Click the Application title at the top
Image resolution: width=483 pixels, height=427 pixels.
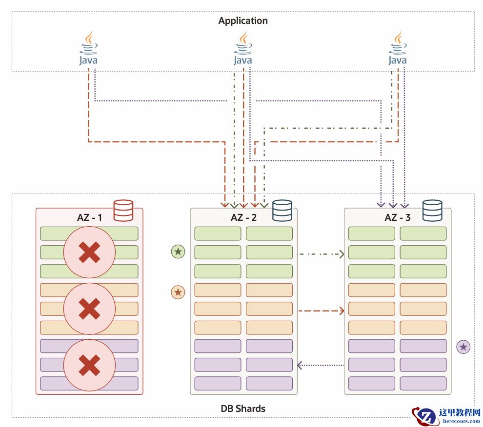pos(243,21)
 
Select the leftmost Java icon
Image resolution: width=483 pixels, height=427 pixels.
pos(88,49)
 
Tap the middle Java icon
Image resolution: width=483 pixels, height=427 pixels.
pos(243,49)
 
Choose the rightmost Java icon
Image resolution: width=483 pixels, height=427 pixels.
pos(397,49)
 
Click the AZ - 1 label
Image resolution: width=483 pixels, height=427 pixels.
pos(90,217)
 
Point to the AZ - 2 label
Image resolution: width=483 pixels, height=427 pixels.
pos(244,217)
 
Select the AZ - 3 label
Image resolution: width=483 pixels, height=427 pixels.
pos(398,217)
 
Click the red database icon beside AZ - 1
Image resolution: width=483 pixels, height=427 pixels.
pos(123,211)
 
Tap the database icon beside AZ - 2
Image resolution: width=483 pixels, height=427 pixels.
pos(282,211)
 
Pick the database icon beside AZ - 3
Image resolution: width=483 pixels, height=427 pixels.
pos(432,211)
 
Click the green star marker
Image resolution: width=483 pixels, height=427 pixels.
pos(178,252)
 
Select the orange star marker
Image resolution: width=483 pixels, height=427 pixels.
pos(178,292)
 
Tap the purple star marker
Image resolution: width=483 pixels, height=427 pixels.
pos(463,347)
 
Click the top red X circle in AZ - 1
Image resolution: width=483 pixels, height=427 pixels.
pos(89,252)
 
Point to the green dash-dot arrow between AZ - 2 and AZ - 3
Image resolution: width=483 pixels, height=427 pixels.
pos(321,254)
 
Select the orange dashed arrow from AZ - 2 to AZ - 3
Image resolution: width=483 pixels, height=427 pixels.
pos(321,311)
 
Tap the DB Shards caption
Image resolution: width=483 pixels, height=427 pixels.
pos(243,408)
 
